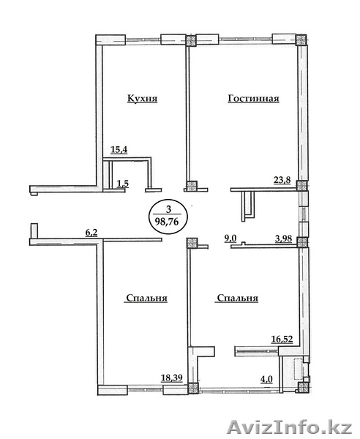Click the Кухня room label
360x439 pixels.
pos(142,99)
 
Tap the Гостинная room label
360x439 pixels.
pos(254,99)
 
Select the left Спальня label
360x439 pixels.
pos(146,299)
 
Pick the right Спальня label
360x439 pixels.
pos(237,299)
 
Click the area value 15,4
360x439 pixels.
pos(119,150)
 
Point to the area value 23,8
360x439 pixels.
pos(282,180)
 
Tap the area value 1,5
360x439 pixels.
pos(123,184)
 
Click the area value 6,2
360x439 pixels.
pos(91,233)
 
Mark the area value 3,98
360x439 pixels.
pos(284,239)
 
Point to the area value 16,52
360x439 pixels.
pos(282,339)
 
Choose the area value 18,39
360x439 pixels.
pos(172,378)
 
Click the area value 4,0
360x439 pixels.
pos(267,379)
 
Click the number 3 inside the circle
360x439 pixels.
pos(168,209)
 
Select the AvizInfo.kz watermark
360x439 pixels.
pos(290,427)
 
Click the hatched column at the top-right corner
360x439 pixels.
pos(301,40)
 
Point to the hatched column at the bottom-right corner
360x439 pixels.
pos(303,388)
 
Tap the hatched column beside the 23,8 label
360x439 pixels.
pos(301,186)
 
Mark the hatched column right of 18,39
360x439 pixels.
pos(192,389)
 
